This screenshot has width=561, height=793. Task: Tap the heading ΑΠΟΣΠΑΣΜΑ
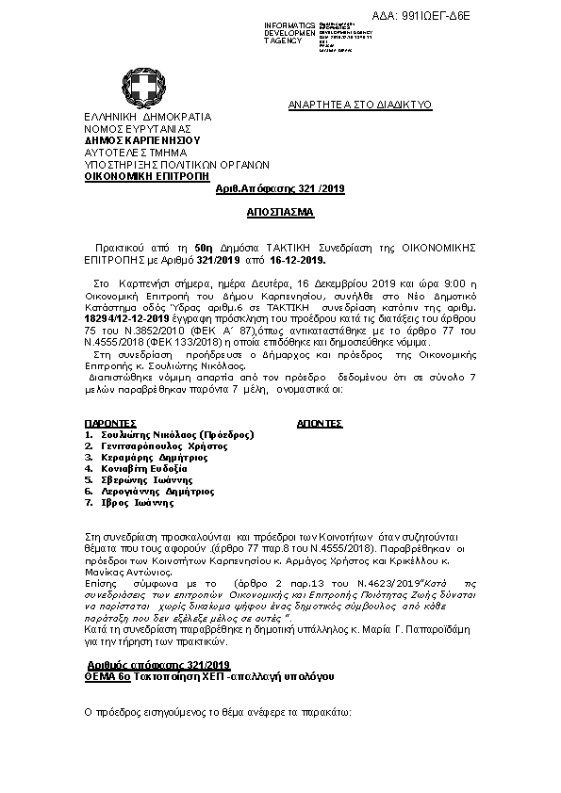pos(281,213)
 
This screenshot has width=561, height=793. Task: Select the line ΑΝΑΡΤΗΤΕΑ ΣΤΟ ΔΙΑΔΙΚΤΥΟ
pos(359,105)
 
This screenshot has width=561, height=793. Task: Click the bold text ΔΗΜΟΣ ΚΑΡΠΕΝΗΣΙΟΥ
pos(137,140)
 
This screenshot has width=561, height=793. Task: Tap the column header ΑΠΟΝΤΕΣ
pos(319,425)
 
